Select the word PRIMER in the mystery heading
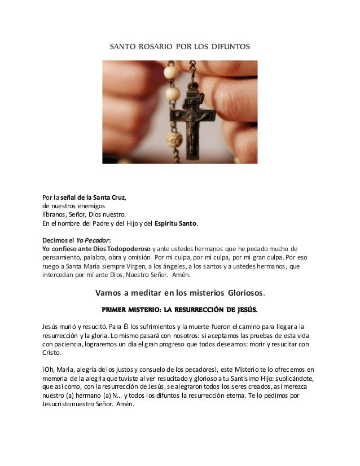[x=116, y=310]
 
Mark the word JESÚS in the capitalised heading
[x=244, y=310]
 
